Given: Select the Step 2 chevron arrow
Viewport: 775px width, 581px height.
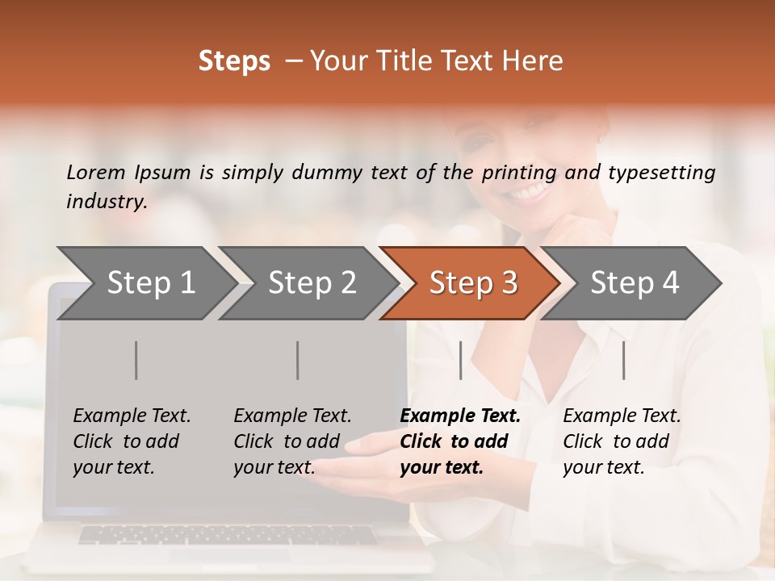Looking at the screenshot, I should click(x=312, y=283).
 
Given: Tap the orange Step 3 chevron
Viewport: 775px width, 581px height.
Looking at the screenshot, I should click(x=473, y=283).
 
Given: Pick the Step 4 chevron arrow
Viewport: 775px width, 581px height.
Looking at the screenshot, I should click(x=634, y=283).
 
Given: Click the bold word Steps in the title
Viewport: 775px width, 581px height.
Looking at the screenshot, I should click(x=234, y=61).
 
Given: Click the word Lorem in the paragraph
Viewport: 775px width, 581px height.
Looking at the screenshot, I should click(x=95, y=173).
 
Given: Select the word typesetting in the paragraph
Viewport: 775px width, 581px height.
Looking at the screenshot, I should click(x=661, y=173).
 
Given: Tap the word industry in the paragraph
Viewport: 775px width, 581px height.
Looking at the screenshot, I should click(x=106, y=202).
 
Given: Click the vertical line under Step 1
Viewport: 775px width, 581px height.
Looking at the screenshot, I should click(x=136, y=360).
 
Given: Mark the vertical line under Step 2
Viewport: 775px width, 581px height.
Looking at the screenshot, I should click(x=298, y=360).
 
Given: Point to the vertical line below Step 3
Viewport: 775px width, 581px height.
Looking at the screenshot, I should click(x=461, y=360).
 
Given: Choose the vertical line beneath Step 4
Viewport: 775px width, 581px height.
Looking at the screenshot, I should click(x=624, y=360).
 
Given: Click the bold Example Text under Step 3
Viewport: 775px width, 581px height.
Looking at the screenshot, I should click(x=460, y=416).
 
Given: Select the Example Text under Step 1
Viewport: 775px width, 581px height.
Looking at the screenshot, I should click(x=132, y=416).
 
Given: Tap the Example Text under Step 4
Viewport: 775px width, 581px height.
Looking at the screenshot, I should click(x=622, y=416).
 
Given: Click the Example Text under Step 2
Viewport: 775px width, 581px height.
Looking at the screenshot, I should click(x=292, y=416).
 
